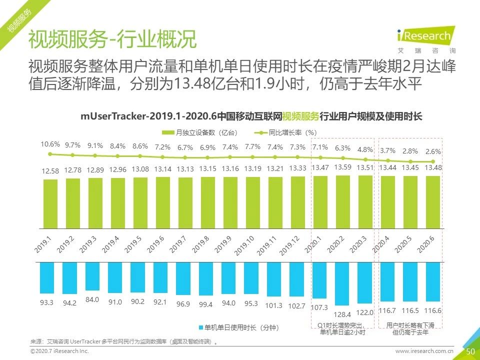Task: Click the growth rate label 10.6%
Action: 50,144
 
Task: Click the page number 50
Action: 470,351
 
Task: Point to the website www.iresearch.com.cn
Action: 424,352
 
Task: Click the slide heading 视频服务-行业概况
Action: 112,39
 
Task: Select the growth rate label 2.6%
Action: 432,151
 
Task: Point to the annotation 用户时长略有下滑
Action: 410,325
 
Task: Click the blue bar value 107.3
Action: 319,307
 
